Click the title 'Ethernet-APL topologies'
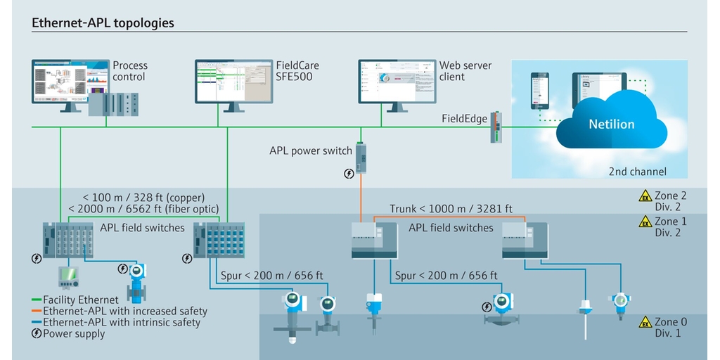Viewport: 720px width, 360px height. (x=103, y=22)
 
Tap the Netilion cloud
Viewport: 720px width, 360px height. (x=611, y=124)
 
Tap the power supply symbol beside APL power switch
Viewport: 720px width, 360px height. (x=349, y=174)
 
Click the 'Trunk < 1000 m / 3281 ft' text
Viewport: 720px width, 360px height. (x=451, y=209)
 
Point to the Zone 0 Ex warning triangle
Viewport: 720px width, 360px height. (x=645, y=323)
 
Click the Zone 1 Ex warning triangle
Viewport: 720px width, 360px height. (x=645, y=221)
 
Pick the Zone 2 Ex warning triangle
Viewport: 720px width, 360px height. (x=645, y=196)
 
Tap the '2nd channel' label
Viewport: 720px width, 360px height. (x=637, y=172)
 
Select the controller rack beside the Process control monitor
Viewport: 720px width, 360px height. (x=113, y=104)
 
